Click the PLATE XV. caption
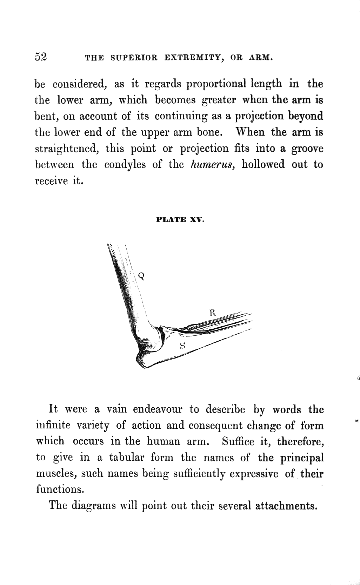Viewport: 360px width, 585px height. (x=180, y=220)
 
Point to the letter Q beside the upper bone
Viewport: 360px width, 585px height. (x=141, y=276)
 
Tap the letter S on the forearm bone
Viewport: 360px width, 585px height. (x=182, y=345)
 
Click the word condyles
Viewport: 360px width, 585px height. (x=125, y=165)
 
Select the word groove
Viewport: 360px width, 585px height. (x=307, y=149)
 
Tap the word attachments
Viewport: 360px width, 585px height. (x=286, y=506)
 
